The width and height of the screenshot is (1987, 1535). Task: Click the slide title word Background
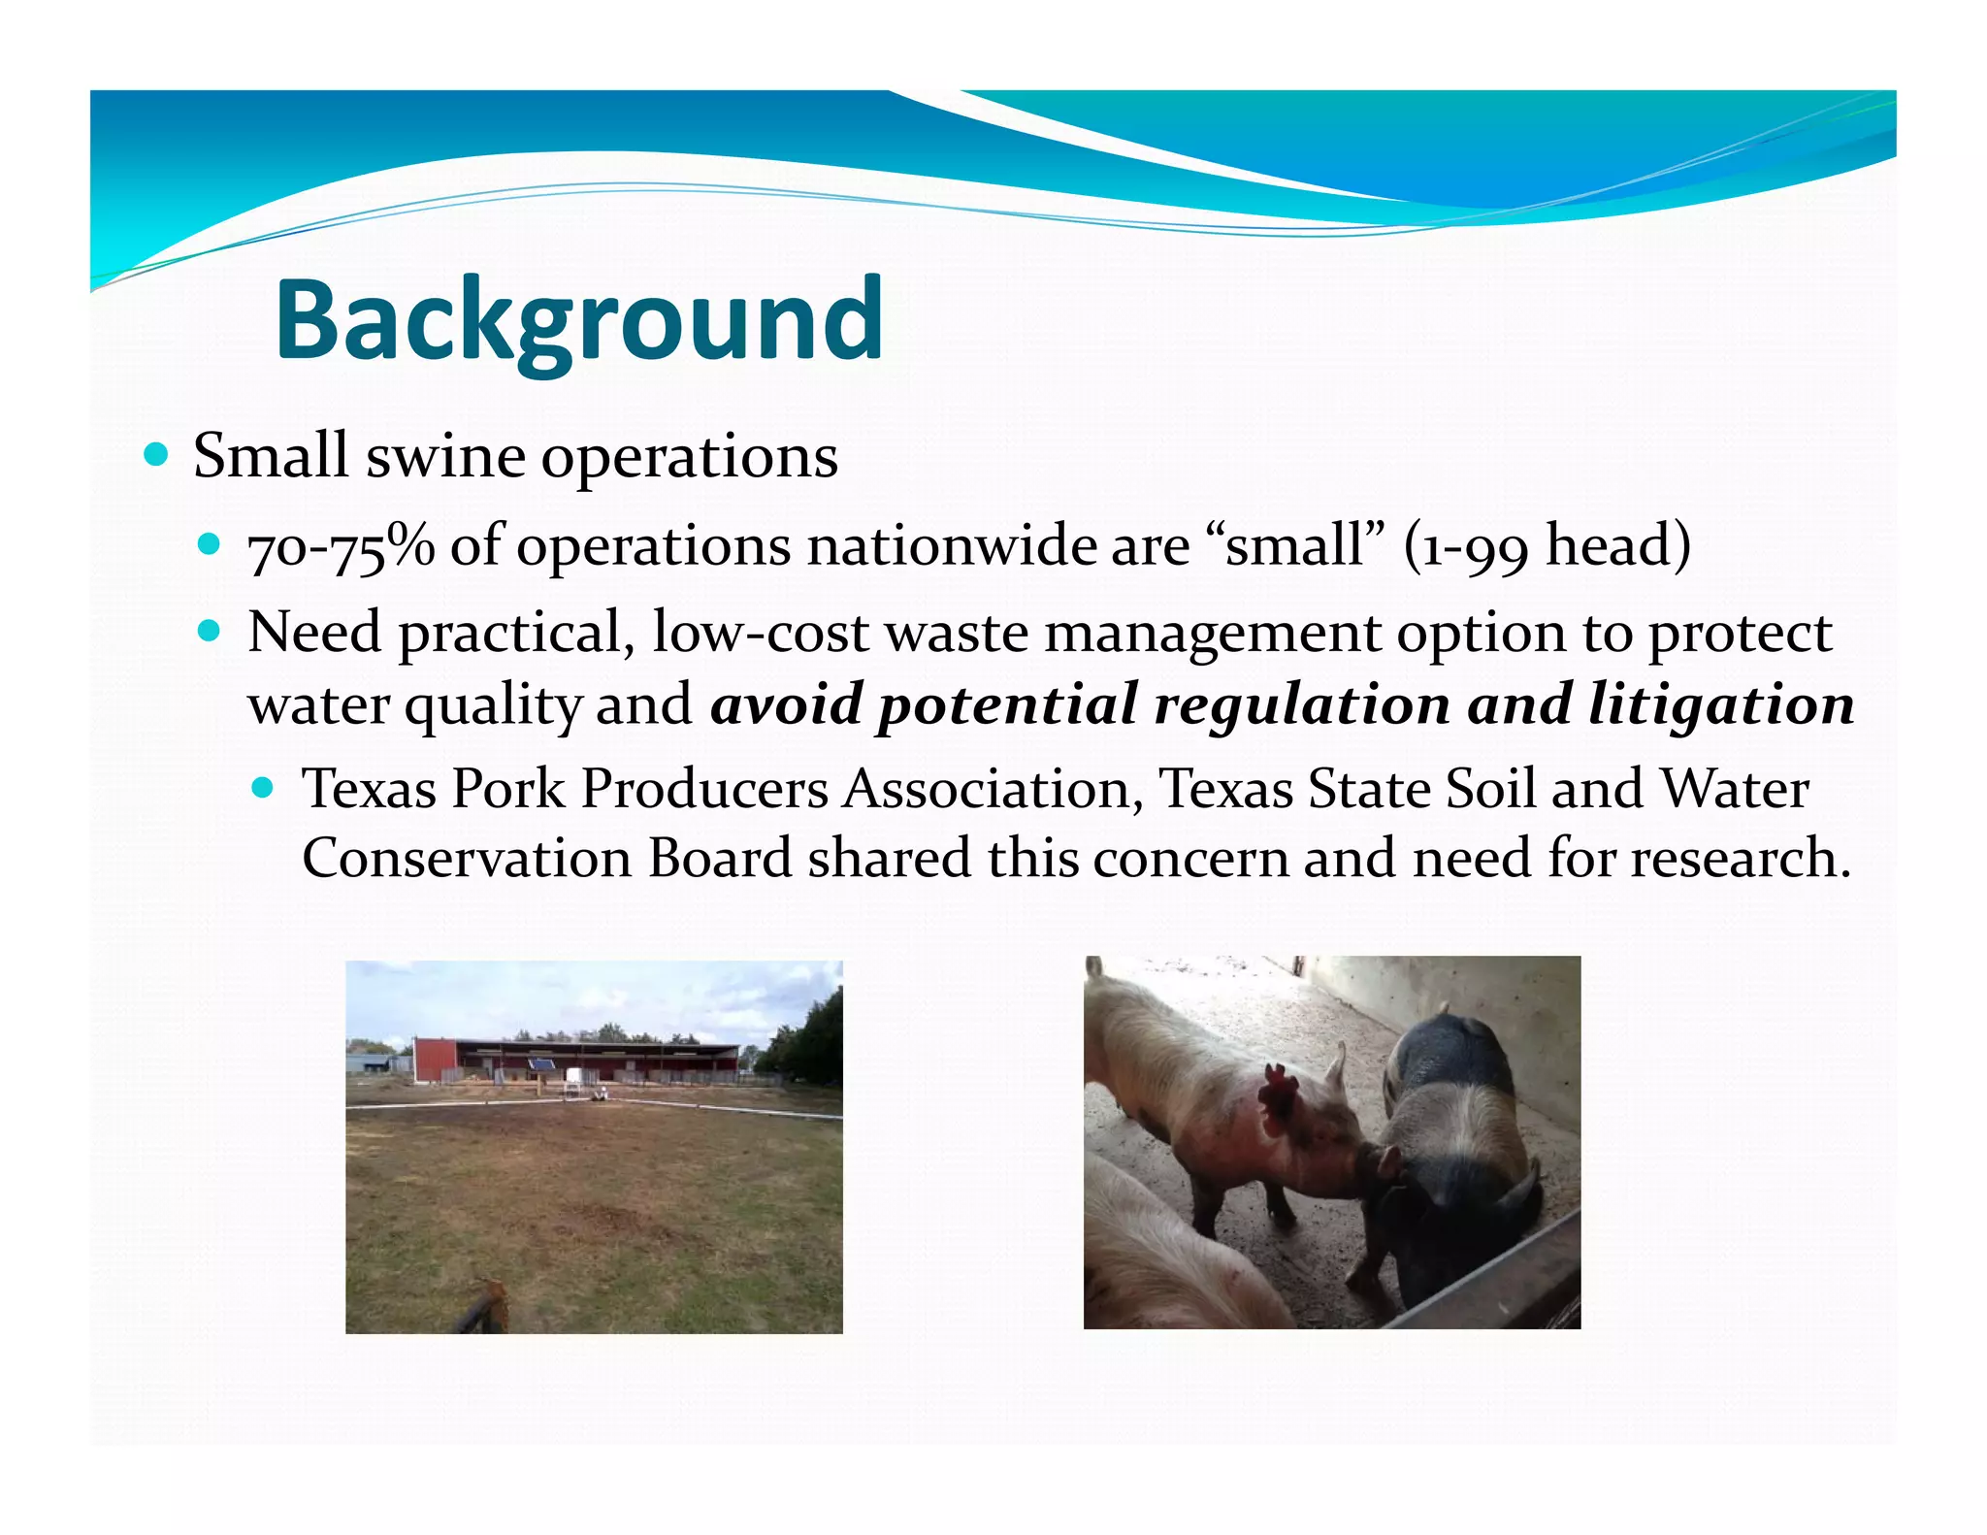[x=579, y=320]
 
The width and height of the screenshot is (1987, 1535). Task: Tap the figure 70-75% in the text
[x=341, y=547]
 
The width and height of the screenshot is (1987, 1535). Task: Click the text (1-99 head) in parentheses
[x=1547, y=546]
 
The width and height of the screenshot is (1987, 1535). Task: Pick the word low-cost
[x=761, y=634]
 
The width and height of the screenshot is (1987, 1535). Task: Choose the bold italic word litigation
[x=1720, y=704]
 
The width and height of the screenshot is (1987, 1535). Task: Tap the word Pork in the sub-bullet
[x=507, y=789]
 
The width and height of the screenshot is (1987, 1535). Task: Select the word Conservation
[x=467, y=860]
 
